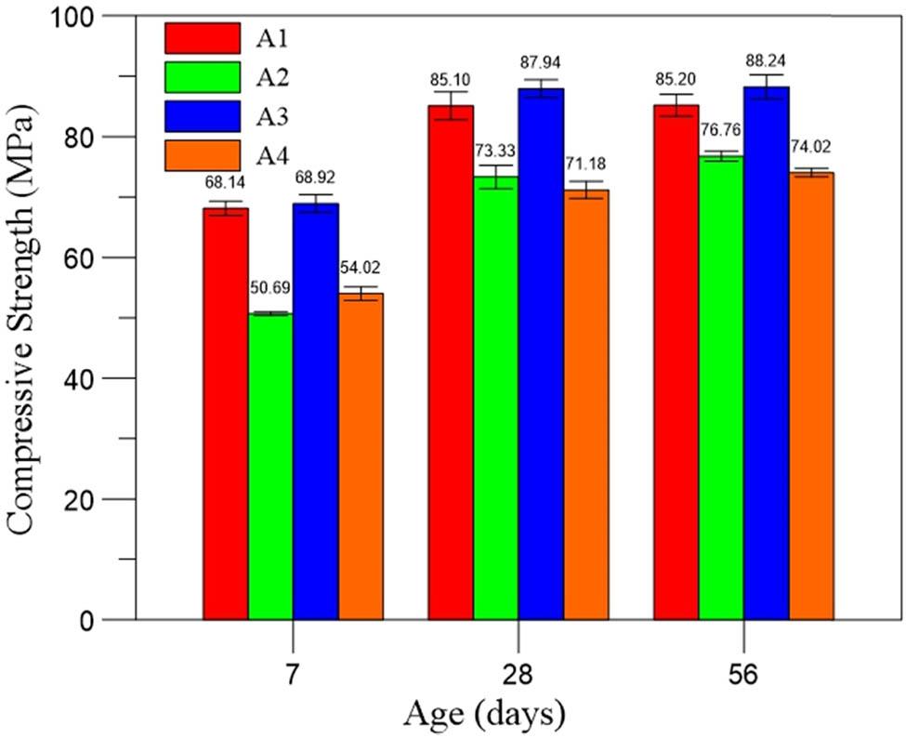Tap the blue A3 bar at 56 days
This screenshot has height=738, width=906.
pyautogui.click(x=766, y=353)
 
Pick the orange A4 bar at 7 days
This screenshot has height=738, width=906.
pyautogui.click(x=361, y=455)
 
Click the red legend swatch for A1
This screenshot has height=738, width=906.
pyautogui.click(x=203, y=38)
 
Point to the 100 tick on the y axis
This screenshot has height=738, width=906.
pyautogui.click(x=101, y=17)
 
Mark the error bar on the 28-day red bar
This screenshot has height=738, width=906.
pyautogui.click(x=451, y=105)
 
